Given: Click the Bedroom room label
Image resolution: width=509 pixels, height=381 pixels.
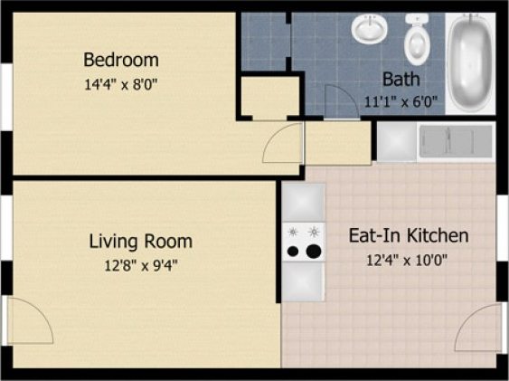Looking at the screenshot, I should click(121, 61).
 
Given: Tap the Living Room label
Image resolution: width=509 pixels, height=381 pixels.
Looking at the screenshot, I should click(140, 242).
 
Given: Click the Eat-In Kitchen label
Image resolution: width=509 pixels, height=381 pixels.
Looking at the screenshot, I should click(409, 236).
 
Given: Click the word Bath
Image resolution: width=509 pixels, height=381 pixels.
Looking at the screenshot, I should click(401, 79).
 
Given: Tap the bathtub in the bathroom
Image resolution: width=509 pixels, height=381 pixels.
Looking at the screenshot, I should click(470, 62).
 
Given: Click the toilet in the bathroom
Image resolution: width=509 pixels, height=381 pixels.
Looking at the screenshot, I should click(418, 38).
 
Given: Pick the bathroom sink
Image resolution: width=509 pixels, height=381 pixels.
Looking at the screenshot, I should click(369, 31).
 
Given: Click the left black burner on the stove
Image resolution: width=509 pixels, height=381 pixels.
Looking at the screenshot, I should click(293, 251).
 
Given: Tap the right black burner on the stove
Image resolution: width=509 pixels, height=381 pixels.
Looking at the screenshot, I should click(313, 250).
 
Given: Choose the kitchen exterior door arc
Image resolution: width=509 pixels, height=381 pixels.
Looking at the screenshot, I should click(477, 329).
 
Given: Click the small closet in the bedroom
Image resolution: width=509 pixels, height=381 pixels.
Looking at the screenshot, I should click(269, 98).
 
